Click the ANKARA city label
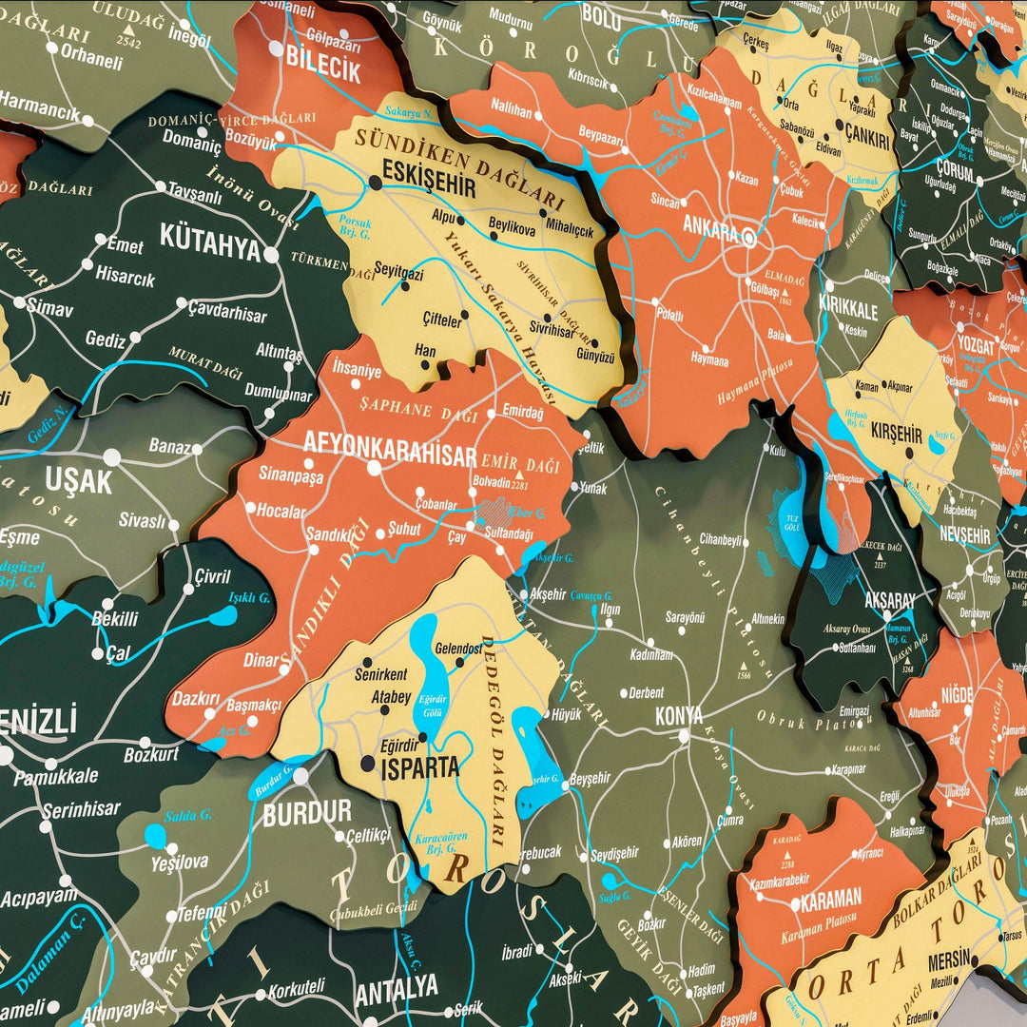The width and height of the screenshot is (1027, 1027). (710, 228)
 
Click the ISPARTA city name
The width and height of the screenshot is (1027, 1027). (419, 767)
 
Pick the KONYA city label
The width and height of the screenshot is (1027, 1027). (680, 716)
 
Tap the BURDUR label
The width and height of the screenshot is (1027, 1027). (307, 814)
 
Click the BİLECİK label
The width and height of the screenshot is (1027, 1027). (323, 70)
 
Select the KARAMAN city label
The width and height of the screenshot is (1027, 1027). (831, 897)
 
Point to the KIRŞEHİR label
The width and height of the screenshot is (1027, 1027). (897, 434)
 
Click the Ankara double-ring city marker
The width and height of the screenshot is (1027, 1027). (749, 238)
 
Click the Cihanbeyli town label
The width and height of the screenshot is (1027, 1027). (720, 539)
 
